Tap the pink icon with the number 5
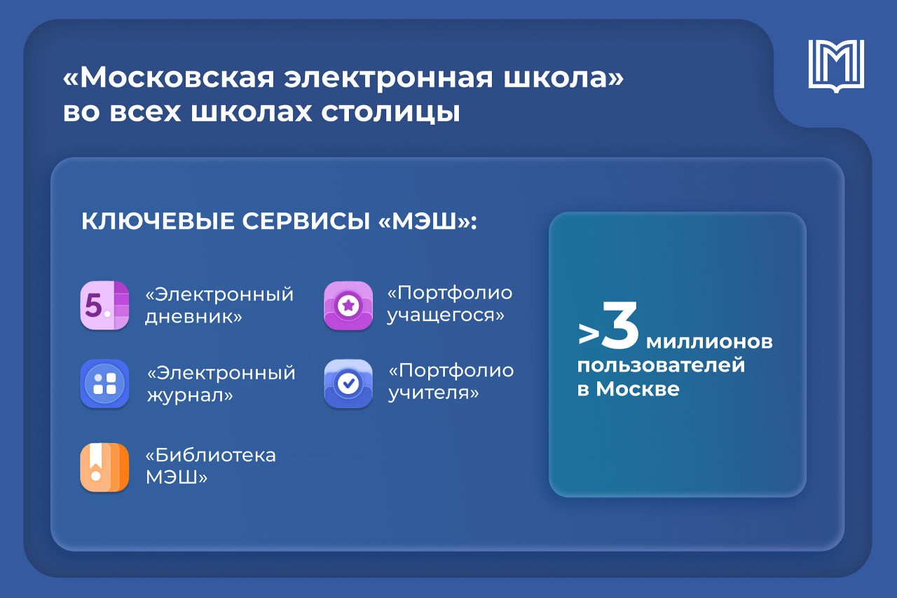tap(104, 306)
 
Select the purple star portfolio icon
tap(348, 306)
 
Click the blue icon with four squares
tap(104, 383)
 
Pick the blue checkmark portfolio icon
tap(348, 383)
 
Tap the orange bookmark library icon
tap(104, 467)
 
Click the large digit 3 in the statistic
tap(620, 325)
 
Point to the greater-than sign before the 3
tap(589, 334)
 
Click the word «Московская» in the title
tap(169, 77)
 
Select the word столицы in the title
tap(391, 113)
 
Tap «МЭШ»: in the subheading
tap(427, 221)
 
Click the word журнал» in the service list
tap(190, 395)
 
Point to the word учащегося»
tap(446, 315)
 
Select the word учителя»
tap(434, 393)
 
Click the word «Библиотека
tap(211, 455)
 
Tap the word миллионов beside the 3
tap(709, 342)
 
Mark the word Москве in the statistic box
tap(638, 388)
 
